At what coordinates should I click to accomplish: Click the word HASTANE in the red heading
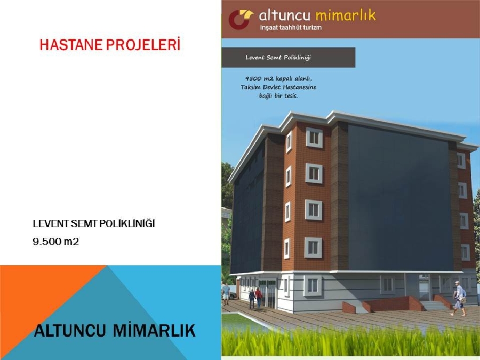coord(71,45)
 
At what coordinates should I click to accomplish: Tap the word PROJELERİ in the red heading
coord(143,44)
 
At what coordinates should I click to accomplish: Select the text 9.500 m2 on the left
coord(55,242)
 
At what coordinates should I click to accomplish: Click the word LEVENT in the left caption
coord(51,224)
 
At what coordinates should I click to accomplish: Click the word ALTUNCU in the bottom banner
coord(69,331)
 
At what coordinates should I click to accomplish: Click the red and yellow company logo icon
coord(241,19)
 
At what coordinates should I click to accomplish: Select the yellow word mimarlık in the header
coord(345,15)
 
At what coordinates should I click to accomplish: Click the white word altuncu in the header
coord(284,15)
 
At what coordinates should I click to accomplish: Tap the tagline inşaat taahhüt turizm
coord(291,27)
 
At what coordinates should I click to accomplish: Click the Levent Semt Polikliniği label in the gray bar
coord(278,57)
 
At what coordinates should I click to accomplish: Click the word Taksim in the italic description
coord(251,87)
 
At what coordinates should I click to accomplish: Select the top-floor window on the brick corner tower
coord(314,138)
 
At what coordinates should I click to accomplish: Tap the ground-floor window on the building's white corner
coord(313,285)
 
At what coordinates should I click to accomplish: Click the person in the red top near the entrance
coord(259,298)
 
